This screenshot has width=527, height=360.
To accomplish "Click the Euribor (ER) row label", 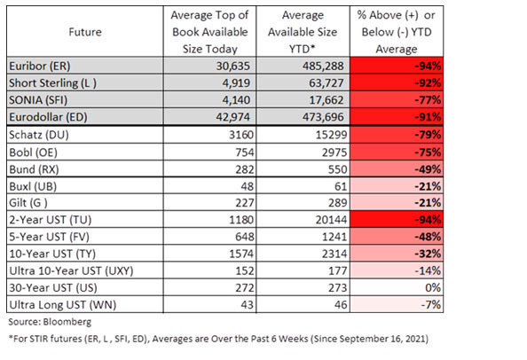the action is (40, 66).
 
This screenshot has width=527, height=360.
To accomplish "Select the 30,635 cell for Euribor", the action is (233, 66).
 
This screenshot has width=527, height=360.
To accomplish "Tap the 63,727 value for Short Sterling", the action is (326, 83).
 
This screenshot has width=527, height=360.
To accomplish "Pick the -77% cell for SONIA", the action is (428, 100).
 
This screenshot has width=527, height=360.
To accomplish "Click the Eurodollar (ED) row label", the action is (48, 117).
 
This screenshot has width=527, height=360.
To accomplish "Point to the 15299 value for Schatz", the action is (331, 135).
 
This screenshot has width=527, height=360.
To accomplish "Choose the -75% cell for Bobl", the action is (428, 153).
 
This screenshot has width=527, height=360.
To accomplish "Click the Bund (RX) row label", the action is (34, 169).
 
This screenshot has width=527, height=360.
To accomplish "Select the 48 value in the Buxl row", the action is (247, 186).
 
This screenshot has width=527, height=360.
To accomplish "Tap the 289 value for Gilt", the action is (337, 203).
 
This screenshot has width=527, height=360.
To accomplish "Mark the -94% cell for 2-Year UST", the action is (428, 220).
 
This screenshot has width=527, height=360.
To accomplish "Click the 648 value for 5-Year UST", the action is (244, 237).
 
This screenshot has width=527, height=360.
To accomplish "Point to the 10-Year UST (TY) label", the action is (52, 254).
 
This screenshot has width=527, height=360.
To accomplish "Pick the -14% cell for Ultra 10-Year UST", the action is (428, 270).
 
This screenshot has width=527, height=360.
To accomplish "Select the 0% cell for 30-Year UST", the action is (433, 288).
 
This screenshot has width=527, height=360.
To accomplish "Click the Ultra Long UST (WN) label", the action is (62, 305).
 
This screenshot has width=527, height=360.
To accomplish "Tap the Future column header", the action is (85, 32).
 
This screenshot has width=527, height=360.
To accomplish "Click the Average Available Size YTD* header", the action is (303, 32).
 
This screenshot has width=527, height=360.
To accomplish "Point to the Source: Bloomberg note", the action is (50, 322).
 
